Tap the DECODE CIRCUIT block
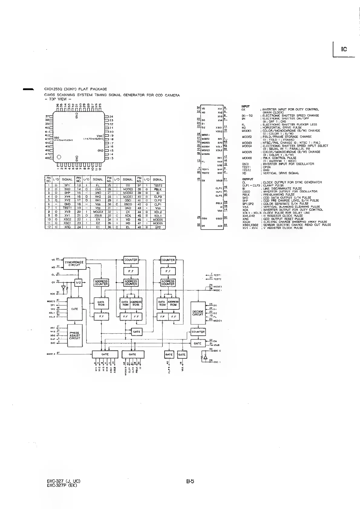[198, 313]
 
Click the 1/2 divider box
[78, 282]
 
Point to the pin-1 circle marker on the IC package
[59, 157]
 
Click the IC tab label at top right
[344, 49]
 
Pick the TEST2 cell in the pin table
[158, 185]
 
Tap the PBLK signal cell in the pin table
[158, 189]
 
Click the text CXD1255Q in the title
[53, 89]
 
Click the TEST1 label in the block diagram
[217, 275]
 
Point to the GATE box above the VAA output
[182, 354]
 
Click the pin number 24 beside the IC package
[111, 116]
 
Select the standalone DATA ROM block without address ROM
[101, 303]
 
